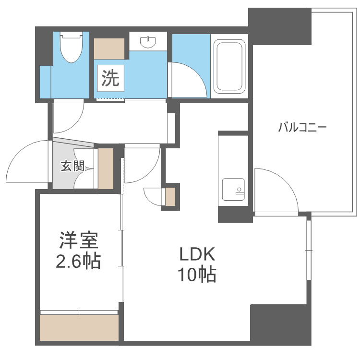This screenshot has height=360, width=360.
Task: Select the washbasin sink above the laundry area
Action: [x=148, y=42]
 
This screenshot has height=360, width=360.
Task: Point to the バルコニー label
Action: [x=302, y=128]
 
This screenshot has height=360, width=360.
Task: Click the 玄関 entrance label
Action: [x=72, y=167]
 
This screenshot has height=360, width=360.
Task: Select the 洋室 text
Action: [x=79, y=240]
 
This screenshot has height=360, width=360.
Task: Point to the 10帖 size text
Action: [x=197, y=275]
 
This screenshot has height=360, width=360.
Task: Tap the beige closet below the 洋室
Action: [x=79, y=328]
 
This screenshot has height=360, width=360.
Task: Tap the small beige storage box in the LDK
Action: [x=170, y=196]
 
